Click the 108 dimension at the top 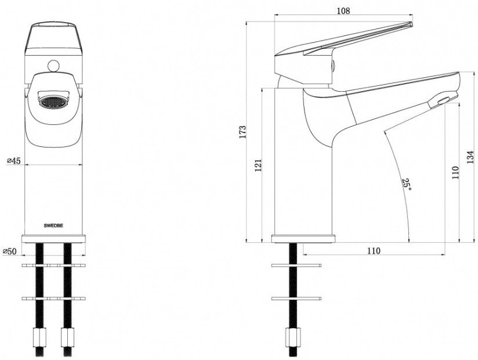point(343,10)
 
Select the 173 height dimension point(242,132)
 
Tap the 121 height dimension point(259,165)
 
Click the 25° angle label point(407,185)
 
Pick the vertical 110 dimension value point(455,172)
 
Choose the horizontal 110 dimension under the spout point(374,251)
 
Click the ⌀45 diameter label point(14,160)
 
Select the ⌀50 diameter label point(9,251)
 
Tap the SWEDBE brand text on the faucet point(53,226)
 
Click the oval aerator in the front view point(53,102)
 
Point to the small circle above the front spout point(53,66)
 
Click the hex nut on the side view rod point(292,337)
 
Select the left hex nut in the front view point(39,337)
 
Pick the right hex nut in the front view point(67,337)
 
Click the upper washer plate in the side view point(296,265)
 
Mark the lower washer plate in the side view point(296,298)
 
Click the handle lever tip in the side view point(411,24)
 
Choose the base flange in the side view point(303,239)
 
